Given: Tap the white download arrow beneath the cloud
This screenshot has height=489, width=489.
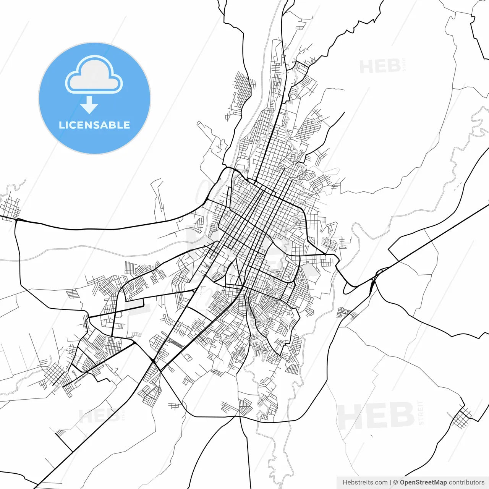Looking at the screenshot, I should point(89,105).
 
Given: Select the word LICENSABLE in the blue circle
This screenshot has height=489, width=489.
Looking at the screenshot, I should point(94,125).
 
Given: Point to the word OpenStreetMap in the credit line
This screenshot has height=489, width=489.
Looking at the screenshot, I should point(423,483).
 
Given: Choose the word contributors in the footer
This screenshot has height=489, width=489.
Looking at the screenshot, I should point(466,483).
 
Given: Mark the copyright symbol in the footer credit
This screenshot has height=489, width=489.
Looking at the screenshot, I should point(395,483).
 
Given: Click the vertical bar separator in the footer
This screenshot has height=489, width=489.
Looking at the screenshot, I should point(390,483).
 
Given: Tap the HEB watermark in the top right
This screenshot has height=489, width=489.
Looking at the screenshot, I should point(380,66).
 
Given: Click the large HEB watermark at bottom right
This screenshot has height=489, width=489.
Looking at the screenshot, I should point(376,416).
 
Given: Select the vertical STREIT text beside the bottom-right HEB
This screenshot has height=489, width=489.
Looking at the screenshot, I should point(421,413).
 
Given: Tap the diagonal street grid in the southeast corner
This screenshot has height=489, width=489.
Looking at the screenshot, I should point(462,417).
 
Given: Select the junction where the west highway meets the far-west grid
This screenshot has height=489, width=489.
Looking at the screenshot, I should point(17,220).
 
